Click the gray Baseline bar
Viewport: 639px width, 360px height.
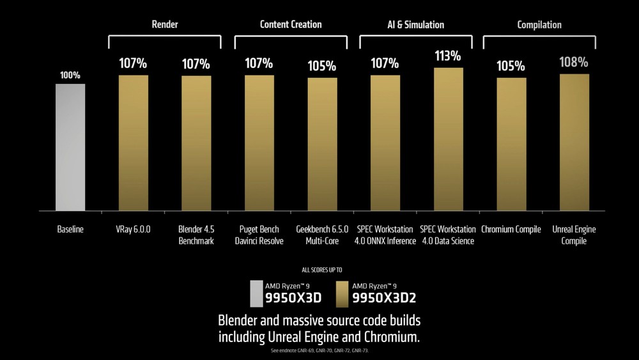[x=70, y=147]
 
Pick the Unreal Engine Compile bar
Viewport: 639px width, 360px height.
[x=574, y=142]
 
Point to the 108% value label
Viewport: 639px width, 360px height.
[x=574, y=63]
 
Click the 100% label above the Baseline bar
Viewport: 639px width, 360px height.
[x=70, y=75]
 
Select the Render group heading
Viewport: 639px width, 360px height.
[x=164, y=25]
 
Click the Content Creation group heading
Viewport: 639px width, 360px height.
[x=291, y=24]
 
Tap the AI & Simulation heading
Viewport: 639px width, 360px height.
[x=416, y=25]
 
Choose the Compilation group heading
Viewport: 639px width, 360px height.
[x=539, y=25]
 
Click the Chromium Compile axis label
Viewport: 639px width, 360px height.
[x=511, y=229]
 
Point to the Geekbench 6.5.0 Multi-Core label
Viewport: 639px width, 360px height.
[x=322, y=235]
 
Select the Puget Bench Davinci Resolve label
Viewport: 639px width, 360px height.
[x=259, y=235]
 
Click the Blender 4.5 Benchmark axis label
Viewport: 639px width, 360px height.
[x=196, y=235]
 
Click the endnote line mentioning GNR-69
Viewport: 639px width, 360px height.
[x=319, y=351]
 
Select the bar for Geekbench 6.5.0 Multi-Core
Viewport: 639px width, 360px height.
[x=322, y=144]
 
